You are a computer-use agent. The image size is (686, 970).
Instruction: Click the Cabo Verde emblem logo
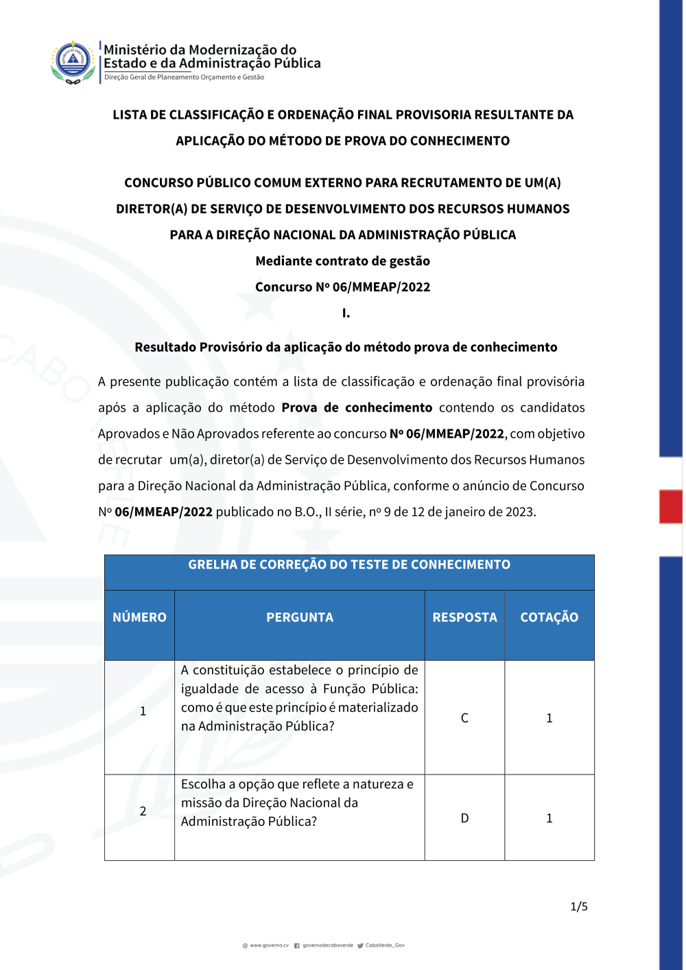(x=73, y=62)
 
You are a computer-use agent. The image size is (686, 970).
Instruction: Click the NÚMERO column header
(x=139, y=617)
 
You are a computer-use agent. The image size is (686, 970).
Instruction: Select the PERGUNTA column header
(x=300, y=617)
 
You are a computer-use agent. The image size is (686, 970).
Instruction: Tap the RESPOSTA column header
(x=464, y=617)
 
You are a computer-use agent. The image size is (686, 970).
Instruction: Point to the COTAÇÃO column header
(x=549, y=617)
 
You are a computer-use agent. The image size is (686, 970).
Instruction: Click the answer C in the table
(x=464, y=718)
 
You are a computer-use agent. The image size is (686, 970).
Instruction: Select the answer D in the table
(x=464, y=818)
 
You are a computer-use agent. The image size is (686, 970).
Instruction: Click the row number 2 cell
(x=143, y=811)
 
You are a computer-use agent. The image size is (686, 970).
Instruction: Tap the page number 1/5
(x=579, y=907)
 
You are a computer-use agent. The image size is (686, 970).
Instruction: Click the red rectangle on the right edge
(x=670, y=506)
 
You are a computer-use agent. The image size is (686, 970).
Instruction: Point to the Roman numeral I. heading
(x=346, y=314)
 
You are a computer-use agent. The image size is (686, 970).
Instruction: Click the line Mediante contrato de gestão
(x=343, y=261)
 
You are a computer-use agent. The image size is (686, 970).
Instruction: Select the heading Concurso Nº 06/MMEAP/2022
(x=343, y=287)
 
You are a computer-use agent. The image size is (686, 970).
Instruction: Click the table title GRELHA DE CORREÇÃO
(x=349, y=565)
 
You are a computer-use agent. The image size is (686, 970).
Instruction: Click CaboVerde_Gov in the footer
(x=385, y=945)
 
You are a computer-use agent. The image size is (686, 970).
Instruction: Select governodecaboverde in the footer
(x=327, y=945)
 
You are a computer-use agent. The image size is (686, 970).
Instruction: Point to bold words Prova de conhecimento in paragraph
(x=357, y=407)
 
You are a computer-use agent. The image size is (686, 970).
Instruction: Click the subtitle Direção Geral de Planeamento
(x=184, y=78)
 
